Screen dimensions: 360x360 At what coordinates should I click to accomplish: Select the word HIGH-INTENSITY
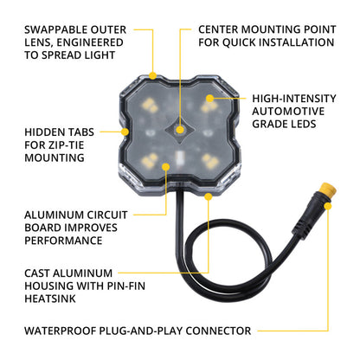[x=293, y=99]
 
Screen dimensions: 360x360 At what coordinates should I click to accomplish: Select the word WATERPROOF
[x=63, y=331]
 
